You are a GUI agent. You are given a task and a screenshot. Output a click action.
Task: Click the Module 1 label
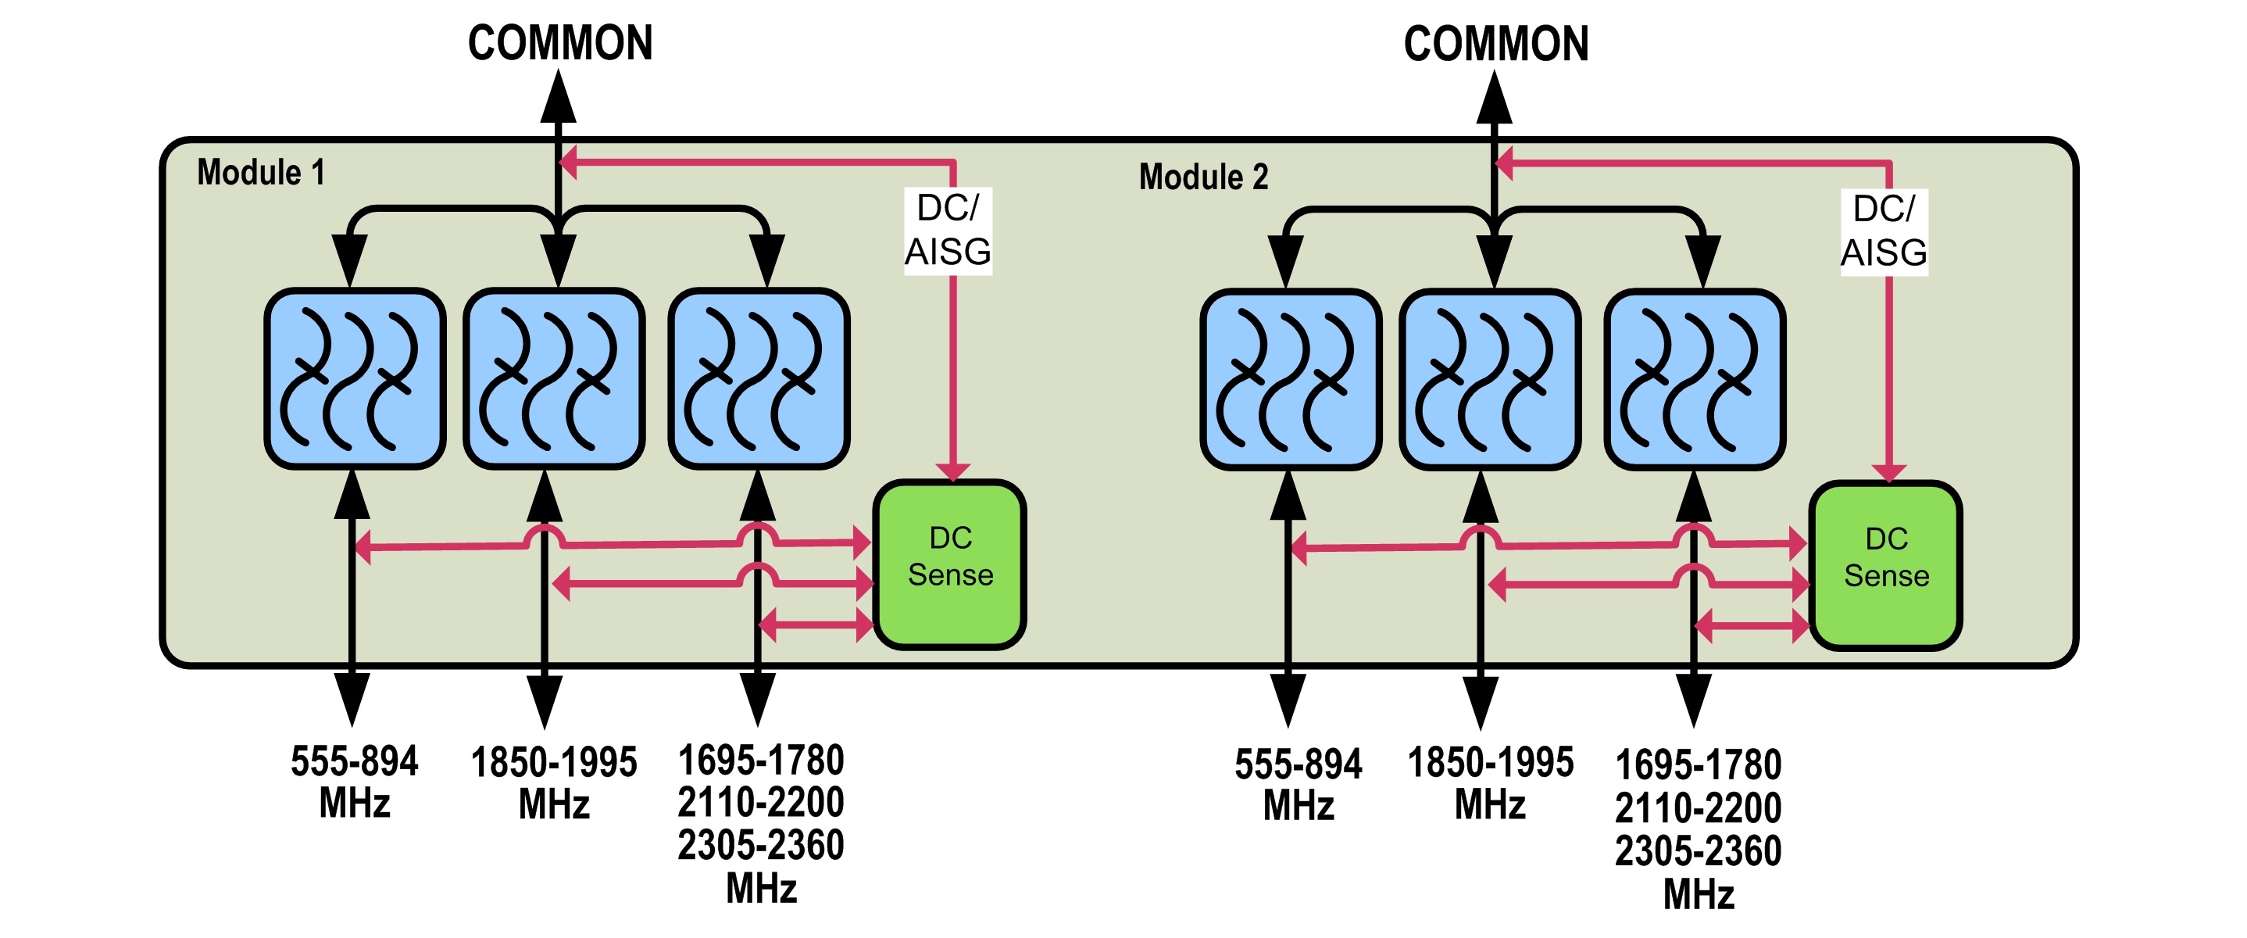[x=261, y=172]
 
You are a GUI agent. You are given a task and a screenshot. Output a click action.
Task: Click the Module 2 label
[x=1203, y=177]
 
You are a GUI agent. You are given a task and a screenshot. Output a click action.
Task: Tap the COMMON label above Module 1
[x=560, y=43]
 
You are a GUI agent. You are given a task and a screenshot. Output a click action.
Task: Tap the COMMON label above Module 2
[x=1496, y=44]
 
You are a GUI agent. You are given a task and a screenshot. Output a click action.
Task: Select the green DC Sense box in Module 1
[x=950, y=564]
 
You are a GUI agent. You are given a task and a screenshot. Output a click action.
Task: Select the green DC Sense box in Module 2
[x=1886, y=565]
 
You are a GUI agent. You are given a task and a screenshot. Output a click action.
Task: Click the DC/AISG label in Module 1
[x=948, y=231]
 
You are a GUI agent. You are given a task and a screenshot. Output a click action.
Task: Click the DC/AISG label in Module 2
[x=1884, y=231]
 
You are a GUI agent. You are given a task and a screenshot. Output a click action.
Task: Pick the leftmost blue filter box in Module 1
[x=355, y=378]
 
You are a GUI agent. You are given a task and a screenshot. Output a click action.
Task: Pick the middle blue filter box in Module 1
[x=554, y=378]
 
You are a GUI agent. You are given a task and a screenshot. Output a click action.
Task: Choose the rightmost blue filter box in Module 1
[x=759, y=378]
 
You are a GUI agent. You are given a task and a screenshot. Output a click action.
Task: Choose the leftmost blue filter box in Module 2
[x=1291, y=380]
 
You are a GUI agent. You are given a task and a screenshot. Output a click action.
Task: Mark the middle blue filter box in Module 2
[x=1490, y=380]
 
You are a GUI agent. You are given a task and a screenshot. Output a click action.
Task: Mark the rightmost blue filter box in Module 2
[x=1695, y=380]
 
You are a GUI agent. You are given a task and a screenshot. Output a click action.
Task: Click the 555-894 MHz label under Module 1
[x=354, y=782]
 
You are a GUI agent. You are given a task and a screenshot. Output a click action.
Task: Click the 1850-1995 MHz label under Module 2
[x=1490, y=783]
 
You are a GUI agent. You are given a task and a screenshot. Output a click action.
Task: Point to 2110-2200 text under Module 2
[x=1698, y=808]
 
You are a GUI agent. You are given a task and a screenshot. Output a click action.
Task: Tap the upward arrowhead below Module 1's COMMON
[x=559, y=98]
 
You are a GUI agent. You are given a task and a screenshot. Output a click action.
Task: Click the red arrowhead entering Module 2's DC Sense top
[x=1888, y=472]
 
